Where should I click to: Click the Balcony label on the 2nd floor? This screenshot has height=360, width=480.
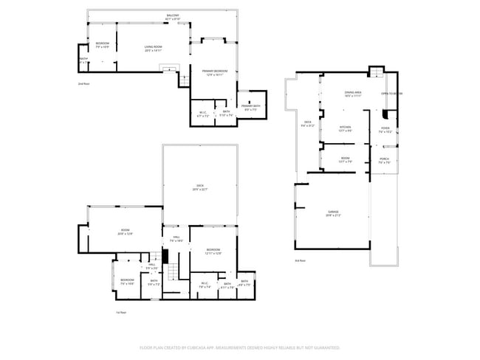(173, 16)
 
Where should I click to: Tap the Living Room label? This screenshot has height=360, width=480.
(153, 49)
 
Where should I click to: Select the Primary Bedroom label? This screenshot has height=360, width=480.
(215, 72)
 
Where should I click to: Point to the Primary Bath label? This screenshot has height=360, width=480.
(250, 107)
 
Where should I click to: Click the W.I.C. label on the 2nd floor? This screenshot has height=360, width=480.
(203, 114)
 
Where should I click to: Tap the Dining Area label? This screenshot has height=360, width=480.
(352, 94)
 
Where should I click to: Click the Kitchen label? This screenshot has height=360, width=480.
(345, 128)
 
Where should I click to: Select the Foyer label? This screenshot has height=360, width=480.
(385, 130)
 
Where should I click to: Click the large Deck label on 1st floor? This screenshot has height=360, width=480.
(199, 187)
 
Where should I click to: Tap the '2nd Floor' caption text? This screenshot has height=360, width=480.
(83, 84)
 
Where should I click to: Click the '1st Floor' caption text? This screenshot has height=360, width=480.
(121, 312)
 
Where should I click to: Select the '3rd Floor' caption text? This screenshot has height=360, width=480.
(300, 260)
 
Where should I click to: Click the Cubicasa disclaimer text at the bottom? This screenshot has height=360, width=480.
(239, 347)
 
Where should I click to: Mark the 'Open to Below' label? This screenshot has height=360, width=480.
(391, 94)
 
